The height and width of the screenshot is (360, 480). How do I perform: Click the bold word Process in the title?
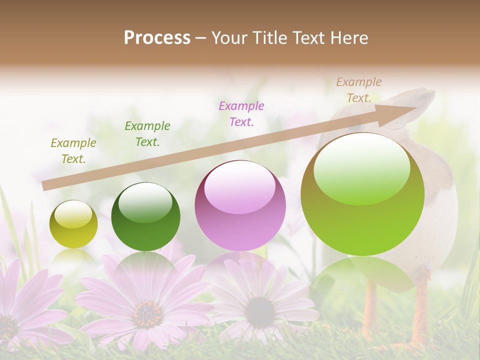tap(157, 37)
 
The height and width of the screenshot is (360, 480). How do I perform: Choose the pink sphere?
tap(240, 205)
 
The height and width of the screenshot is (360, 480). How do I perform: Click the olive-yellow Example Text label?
tap(73, 151)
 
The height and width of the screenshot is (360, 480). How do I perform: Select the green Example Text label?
tap(147, 134)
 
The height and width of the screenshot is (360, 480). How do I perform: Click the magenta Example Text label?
tap(241, 114)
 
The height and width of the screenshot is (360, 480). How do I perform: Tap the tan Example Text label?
tap(358, 90)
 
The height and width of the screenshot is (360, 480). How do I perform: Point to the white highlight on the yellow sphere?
tap(73, 214)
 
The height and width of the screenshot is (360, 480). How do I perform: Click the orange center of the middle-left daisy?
tap(147, 313)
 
